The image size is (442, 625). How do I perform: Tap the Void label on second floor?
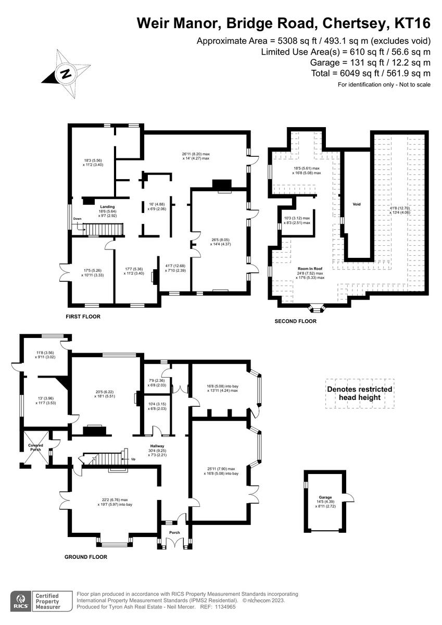(x=357, y=204)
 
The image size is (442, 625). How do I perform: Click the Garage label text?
(x=325, y=497)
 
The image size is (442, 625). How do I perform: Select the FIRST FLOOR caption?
(x=83, y=317)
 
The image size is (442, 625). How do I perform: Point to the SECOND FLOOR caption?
(x=295, y=321)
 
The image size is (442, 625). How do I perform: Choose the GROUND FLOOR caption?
(x=86, y=557)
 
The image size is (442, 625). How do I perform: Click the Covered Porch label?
(x=35, y=447)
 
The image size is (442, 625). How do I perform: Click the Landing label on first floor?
(x=107, y=207)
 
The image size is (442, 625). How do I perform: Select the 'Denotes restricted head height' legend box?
(x=359, y=393)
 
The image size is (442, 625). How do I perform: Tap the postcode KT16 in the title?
(x=413, y=23)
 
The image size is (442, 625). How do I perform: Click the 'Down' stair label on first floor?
(x=78, y=219)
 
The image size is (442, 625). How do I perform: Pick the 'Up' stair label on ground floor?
(x=133, y=459)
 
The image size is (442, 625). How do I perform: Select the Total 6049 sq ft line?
(x=370, y=73)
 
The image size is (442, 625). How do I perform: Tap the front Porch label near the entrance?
(x=174, y=532)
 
